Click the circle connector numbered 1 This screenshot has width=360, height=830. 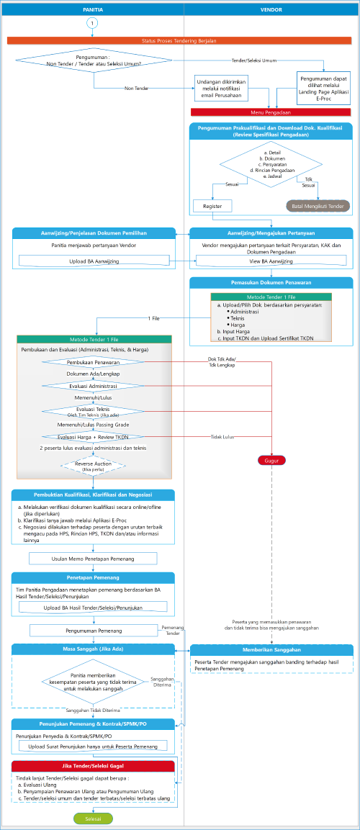click(91, 23)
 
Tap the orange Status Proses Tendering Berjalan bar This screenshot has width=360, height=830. click(179, 41)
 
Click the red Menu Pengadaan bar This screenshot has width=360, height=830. click(271, 112)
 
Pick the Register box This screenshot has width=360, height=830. click(212, 206)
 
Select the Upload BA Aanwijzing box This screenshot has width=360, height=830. click(94, 260)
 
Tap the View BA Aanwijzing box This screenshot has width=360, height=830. click(271, 261)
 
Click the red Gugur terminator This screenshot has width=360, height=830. click(271, 460)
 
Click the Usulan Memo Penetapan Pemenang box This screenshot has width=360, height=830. click(93, 558)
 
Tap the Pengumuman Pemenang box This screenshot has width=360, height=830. click(93, 630)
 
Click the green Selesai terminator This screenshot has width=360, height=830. click(91, 819)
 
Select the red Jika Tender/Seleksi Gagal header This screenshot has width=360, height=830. click(93, 765)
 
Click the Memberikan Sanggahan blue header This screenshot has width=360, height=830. click(271, 650)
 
